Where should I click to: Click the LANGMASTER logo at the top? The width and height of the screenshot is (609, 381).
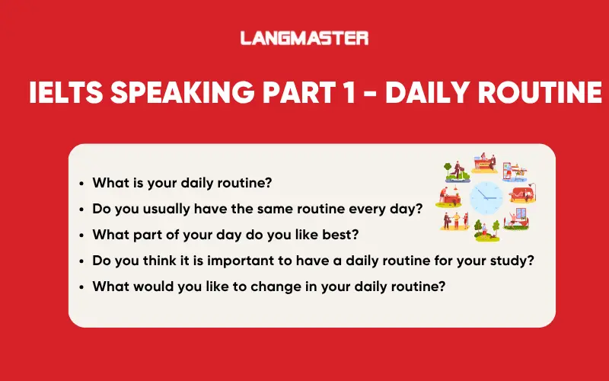pos(304,37)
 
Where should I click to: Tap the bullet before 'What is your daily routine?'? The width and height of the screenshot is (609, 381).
pos(81,184)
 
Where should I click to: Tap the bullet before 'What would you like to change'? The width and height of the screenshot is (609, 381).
pos(81,287)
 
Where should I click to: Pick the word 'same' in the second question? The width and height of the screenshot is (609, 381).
pos(273,209)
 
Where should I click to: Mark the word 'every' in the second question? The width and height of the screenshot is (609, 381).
pos(378,209)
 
